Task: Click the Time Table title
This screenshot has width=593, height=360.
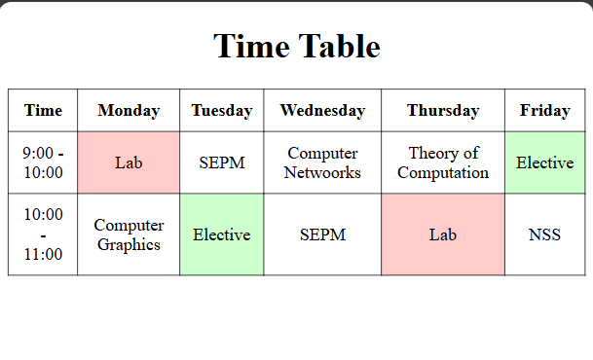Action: pyautogui.click(x=296, y=46)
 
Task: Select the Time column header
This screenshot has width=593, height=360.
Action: pyautogui.click(x=43, y=110)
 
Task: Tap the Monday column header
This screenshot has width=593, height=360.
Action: pyautogui.click(x=129, y=110)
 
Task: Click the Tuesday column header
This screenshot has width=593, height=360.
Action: pyautogui.click(x=221, y=110)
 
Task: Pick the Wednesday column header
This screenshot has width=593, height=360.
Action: pyautogui.click(x=322, y=110)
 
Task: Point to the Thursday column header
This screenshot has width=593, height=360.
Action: pyautogui.click(x=443, y=110)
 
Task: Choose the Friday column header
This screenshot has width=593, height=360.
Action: pyautogui.click(x=544, y=110)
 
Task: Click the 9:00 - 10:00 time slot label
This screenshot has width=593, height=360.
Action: pyautogui.click(x=43, y=162)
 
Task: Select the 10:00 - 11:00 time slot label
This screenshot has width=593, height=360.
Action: pyautogui.click(x=43, y=234)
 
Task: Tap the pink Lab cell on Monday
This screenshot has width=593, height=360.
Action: pyautogui.click(x=129, y=162)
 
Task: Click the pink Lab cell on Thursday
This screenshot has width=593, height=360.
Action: pyautogui.click(x=443, y=234)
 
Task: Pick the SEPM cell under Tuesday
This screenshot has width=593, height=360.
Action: pyautogui.click(x=221, y=162)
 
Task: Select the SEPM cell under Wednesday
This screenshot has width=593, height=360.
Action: pyautogui.click(x=322, y=234)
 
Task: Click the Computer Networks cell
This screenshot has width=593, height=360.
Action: pyautogui.click(x=322, y=162)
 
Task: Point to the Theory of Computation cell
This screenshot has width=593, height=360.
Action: pyautogui.click(x=443, y=162)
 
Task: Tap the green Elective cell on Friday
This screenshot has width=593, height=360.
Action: pyautogui.click(x=544, y=162)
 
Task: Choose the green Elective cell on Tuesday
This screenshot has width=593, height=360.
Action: pyautogui.click(x=221, y=234)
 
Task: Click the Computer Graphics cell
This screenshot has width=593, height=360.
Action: pyautogui.click(x=129, y=234)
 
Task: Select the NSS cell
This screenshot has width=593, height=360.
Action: pyautogui.click(x=544, y=234)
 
